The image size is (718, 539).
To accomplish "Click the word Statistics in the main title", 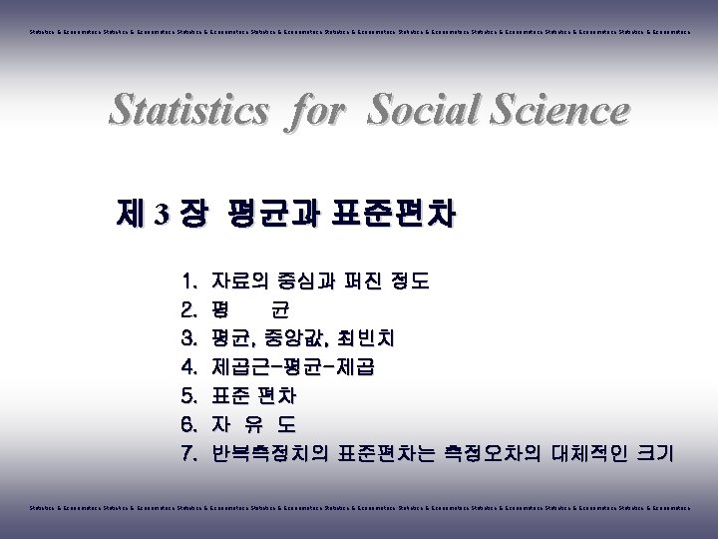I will point(188,110).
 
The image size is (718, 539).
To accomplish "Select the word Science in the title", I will point(564,110).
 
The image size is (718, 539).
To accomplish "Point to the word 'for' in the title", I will point(315,110).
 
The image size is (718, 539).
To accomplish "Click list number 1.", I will point(190,281).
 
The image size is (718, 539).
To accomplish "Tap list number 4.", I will point(190,367).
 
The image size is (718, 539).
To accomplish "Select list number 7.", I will point(190,454).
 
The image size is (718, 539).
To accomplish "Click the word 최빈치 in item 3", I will point(381,338).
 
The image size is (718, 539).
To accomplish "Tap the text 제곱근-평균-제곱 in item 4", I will point(293,367).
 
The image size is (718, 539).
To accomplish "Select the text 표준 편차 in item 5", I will point(254,396).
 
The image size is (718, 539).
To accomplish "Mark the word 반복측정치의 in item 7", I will point(270,454).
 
